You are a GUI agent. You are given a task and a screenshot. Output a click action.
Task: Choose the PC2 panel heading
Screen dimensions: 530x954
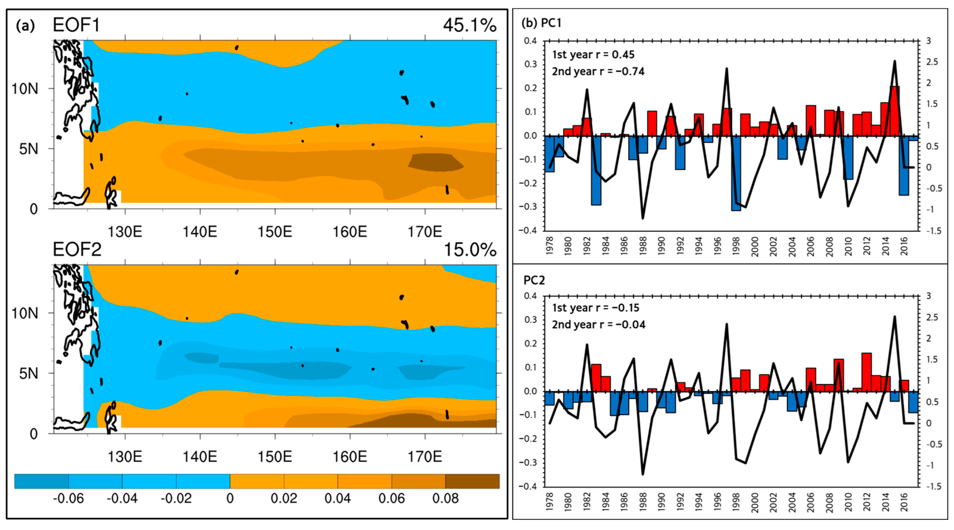pos(534,280)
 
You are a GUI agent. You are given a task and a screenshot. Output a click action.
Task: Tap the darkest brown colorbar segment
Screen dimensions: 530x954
pos(472,481)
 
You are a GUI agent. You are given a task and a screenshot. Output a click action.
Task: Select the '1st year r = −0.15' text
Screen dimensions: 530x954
pos(595,308)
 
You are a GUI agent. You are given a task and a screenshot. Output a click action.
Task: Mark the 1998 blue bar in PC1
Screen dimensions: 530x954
pos(736,173)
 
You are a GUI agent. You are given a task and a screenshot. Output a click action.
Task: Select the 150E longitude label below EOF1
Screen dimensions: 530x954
pos(275,232)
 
